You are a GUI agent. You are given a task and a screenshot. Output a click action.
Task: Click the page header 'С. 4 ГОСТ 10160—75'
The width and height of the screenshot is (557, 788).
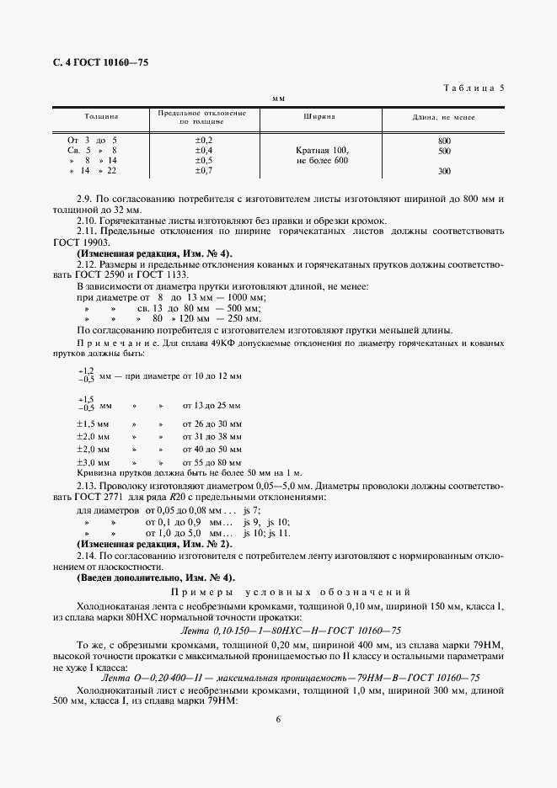coord(95,62)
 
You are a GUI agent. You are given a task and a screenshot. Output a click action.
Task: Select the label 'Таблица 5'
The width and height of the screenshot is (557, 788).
coord(473,88)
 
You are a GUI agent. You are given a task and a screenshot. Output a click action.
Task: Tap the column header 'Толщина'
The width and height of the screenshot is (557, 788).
coord(100,117)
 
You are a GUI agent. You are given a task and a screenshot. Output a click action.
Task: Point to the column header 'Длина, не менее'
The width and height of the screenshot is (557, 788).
coord(443,117)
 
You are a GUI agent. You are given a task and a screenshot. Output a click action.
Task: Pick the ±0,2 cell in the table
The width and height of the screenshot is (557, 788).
coord(204,139)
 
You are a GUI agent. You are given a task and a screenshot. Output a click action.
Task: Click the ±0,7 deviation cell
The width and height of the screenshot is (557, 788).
coord(204,171)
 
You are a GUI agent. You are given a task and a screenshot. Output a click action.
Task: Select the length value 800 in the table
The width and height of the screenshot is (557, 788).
coord(444,140)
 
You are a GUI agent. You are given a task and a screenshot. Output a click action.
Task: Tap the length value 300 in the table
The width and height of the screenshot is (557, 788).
coord(444,172)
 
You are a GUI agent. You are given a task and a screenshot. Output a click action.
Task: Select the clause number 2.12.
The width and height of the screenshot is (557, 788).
coord(87,264)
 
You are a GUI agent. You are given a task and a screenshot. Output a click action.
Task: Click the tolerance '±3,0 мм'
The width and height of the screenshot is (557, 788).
coord(94,463)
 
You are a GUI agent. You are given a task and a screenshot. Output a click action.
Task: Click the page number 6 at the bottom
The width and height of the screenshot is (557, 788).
coord(278,719)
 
